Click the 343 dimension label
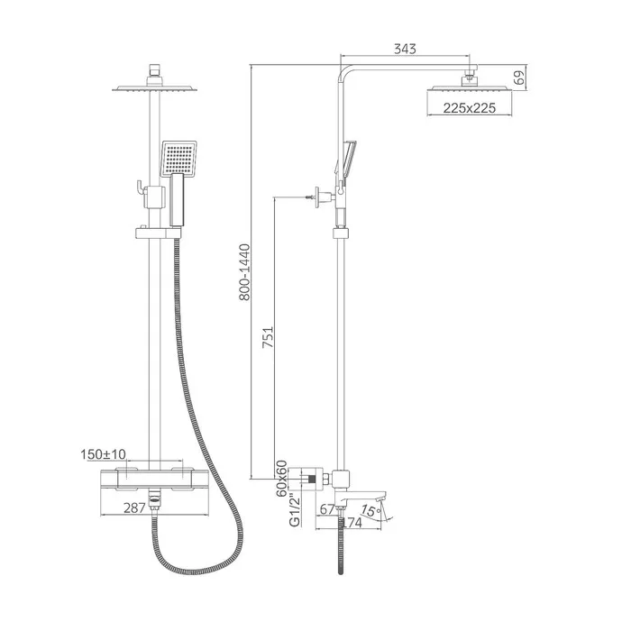click(x=405, y=49)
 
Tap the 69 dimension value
click(x=519, y=78)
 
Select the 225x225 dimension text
click(x=470, y=108)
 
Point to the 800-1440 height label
click(x=244, y=272)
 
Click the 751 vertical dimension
click(x=268, y=337)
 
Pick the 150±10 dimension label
click(x=103, y=454)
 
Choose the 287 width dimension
click(x=134, y=508)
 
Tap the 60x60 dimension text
click(x=281, y=479)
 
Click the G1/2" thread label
click(x=295, y=509)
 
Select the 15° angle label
click(x=370, y=511)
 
